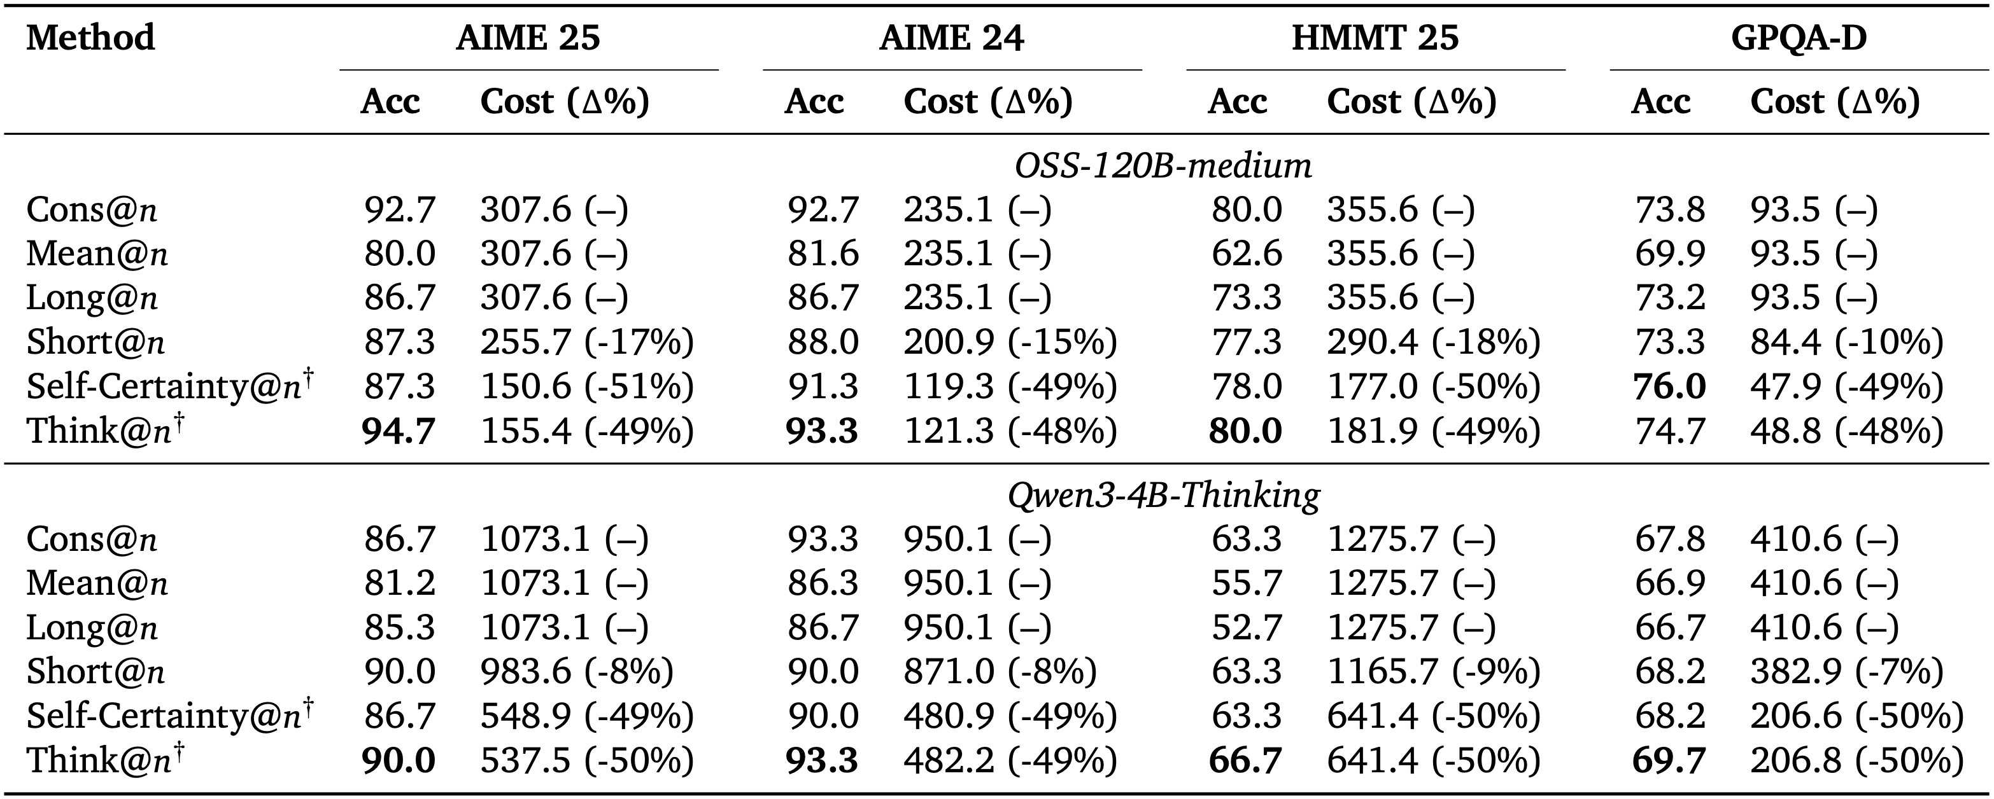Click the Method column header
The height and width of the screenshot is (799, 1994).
point(90,37)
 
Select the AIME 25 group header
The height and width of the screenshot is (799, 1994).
point(528,37)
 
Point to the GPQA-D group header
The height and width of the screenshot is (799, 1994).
point(1799,37)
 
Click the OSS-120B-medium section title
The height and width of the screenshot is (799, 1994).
point(1163,165)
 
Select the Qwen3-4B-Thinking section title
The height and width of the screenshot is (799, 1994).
point(1163,494)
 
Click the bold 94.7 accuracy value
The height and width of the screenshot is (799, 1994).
point(399,431)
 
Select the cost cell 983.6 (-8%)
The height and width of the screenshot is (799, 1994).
point(577,671)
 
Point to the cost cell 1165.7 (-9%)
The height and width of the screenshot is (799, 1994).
point(1434,671)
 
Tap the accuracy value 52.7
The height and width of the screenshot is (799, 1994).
point(1247,627)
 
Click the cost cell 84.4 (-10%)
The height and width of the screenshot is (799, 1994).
point(1846,342)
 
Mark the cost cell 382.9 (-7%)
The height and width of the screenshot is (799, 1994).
point(1846,671)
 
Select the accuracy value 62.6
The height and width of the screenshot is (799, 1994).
point(1247,254)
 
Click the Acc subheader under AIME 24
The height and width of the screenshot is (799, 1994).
point(813,101)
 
